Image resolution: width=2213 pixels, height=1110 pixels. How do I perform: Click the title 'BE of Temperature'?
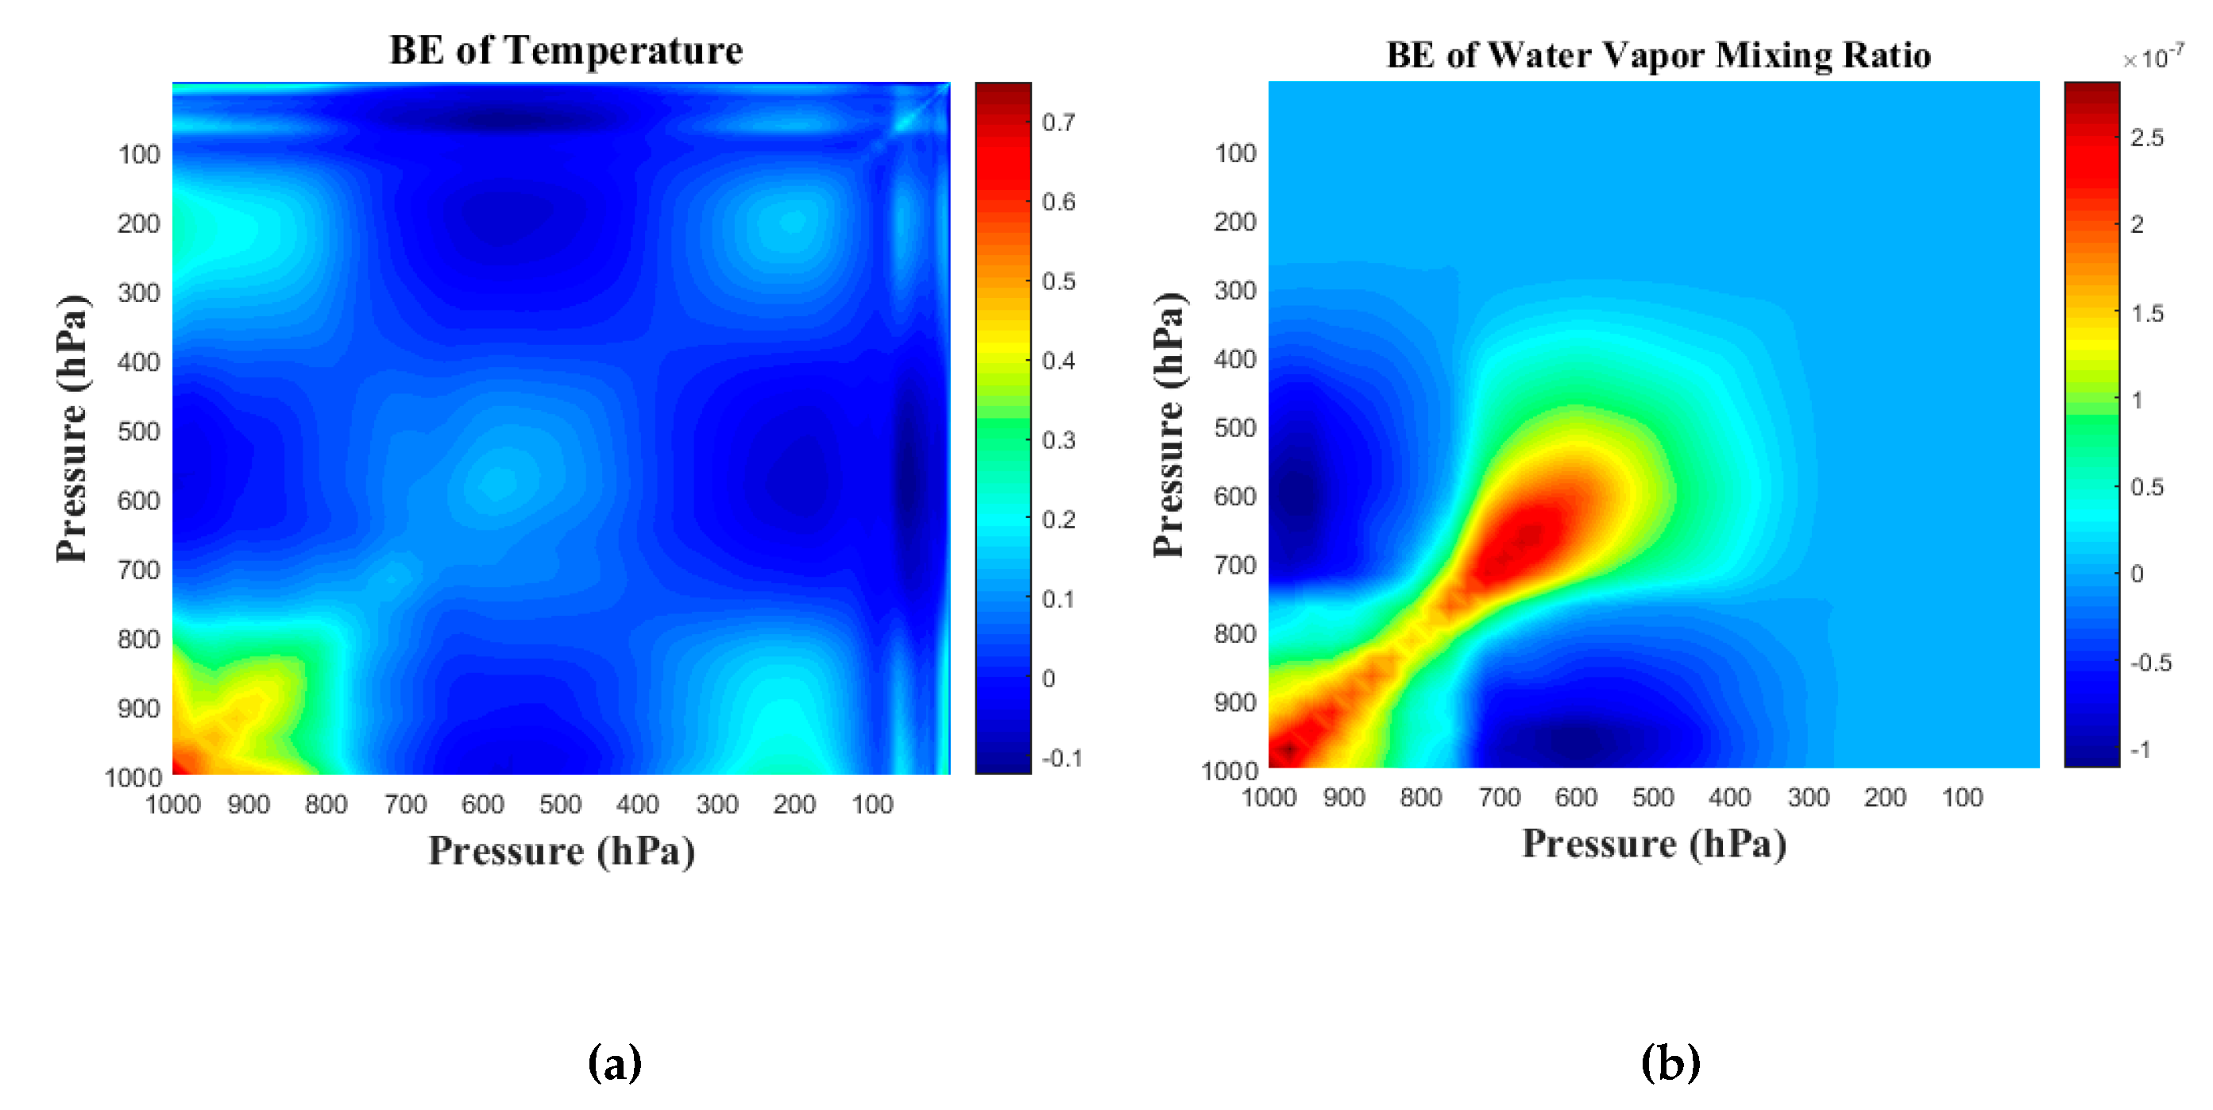point(566,50)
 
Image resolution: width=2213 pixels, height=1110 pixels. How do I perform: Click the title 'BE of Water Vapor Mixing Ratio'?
point(1658,55)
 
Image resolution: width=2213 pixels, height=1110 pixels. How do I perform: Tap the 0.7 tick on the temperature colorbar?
point(1057,122)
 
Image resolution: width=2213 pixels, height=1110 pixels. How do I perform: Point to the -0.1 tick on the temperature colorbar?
point(1061,758)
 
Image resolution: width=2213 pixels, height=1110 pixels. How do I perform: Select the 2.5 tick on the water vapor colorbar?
point(2146,137)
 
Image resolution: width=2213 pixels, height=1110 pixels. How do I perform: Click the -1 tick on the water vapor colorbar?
point(2141,750)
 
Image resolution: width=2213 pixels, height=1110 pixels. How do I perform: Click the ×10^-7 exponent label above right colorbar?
point(2153,59)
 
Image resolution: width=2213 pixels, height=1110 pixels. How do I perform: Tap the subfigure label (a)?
point(614,1063)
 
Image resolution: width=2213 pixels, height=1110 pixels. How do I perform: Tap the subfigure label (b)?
point(1670,1063)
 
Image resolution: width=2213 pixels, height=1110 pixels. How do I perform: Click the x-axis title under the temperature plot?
point(562,852)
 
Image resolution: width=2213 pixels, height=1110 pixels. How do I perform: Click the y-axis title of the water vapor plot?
point(1168,425)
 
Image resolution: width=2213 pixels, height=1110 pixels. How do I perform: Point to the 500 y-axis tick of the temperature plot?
point(138,431)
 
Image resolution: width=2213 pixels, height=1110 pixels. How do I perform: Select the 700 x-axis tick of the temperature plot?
point(405,804)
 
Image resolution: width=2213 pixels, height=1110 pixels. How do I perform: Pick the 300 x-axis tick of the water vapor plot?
point(1808,797)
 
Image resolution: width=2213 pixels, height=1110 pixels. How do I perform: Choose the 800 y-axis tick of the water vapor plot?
point(1234,633)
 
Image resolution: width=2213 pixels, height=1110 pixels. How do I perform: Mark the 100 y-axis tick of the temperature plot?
point(138,155)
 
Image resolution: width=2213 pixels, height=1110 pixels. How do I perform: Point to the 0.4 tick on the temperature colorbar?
point(1057,360)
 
